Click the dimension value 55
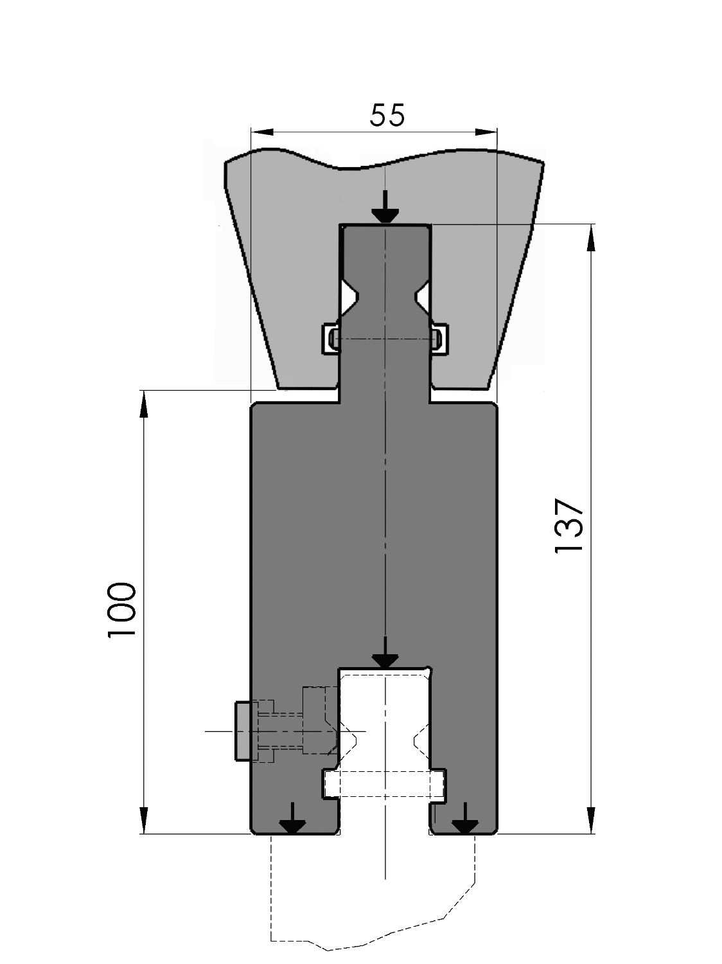click(x=387, y=115)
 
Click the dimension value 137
click(x=569, y=526)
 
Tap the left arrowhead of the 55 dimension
click(x=262, y=132)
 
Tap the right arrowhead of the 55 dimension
click(x=486, y=132)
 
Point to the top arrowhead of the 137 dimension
click(x=591, y=238)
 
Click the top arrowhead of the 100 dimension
click(x=143, y=404)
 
